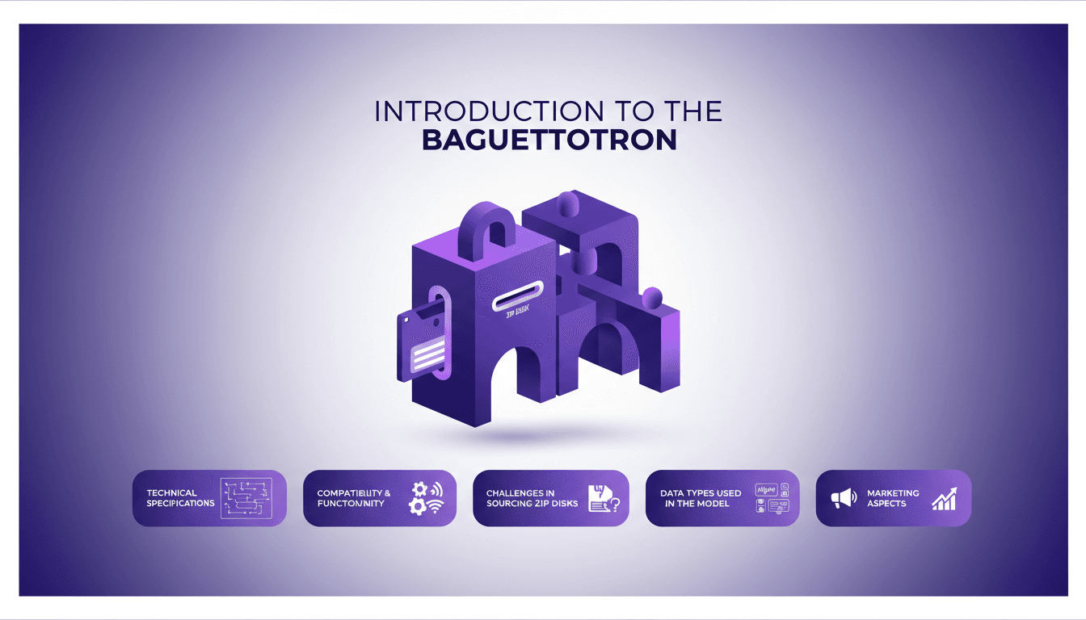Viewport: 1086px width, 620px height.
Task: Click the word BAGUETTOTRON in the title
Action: pyautogui.click(x=549, y=140)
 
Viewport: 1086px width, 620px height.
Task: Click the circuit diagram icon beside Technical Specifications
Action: pyautogui.click(x=246, y=497)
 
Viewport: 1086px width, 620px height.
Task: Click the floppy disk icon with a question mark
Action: pyautogui.click(x=604, y=498)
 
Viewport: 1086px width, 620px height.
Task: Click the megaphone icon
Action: pyautogui.click(x=843, y=499)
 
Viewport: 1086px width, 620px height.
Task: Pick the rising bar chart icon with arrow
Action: pyautogui.click(x=944, y=499)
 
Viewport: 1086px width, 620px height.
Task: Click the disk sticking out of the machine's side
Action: pyautogui.click(x=420, y=343)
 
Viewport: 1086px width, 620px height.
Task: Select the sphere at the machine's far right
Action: pyautogui.click(x=651, y=297)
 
